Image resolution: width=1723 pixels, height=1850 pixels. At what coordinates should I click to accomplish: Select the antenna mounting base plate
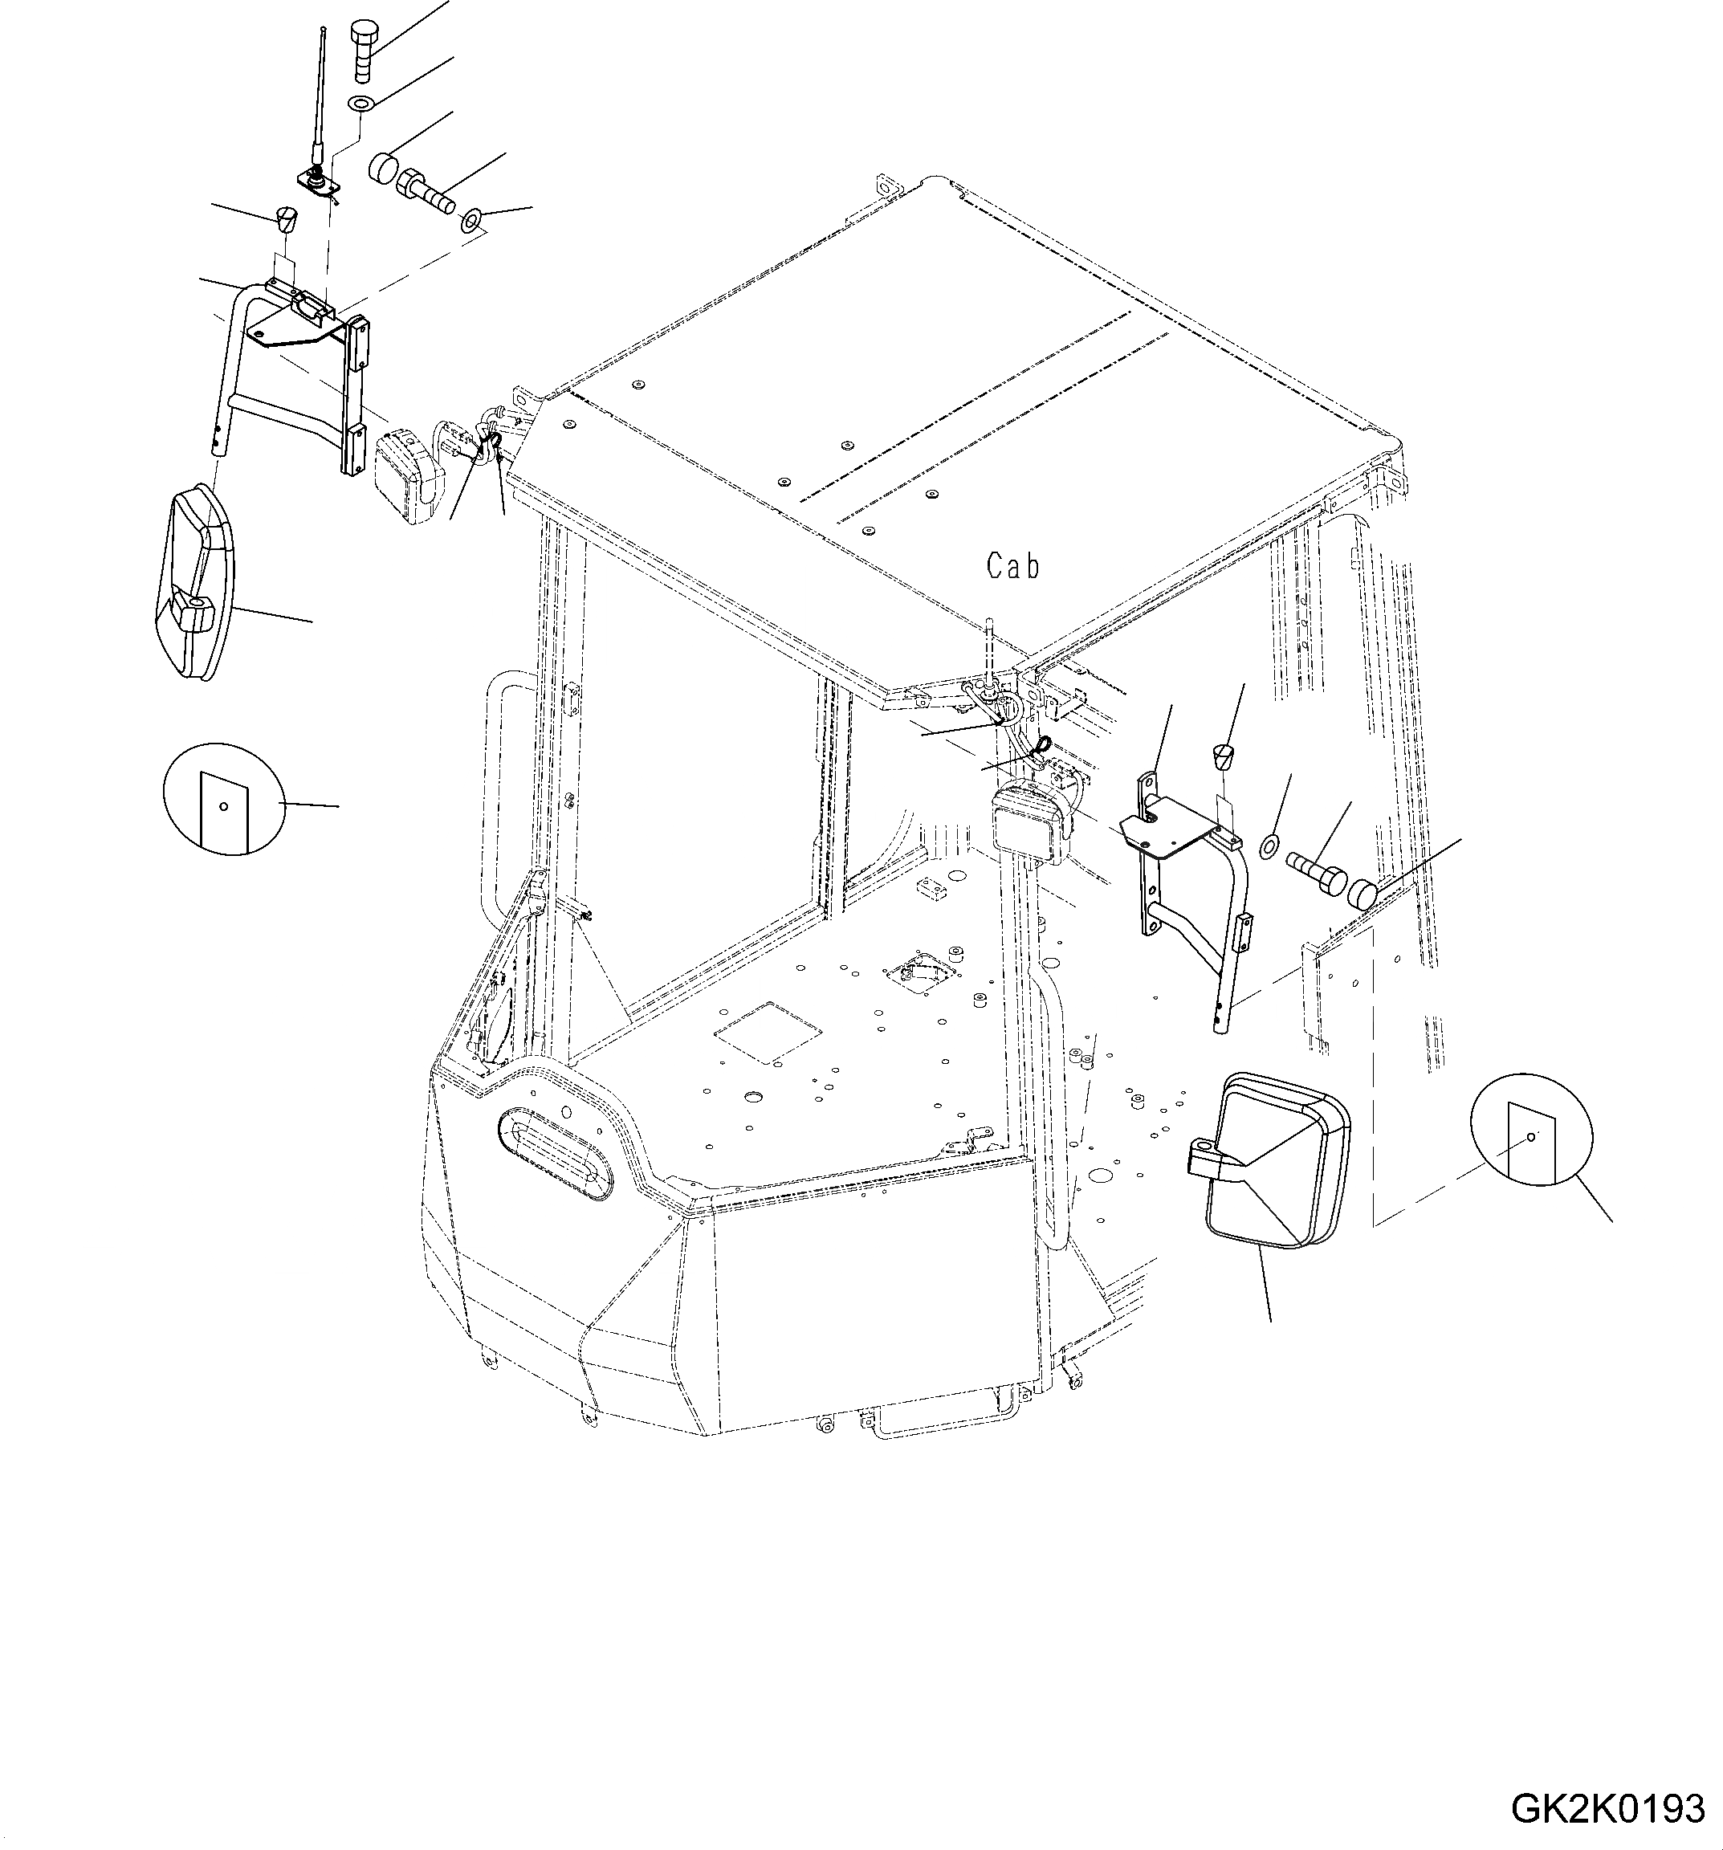coord(317,182)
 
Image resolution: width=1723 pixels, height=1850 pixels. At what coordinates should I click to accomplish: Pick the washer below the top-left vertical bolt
coord(361,101)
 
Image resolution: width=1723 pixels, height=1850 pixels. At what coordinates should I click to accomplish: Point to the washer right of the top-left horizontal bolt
coord(470,222)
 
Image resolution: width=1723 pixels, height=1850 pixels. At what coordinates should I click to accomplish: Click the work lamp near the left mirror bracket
coord(408,475)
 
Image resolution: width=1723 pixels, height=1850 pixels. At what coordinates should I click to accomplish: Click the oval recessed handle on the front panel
coord(556,1150)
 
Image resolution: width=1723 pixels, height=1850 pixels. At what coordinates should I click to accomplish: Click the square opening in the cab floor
coord(768,1030)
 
